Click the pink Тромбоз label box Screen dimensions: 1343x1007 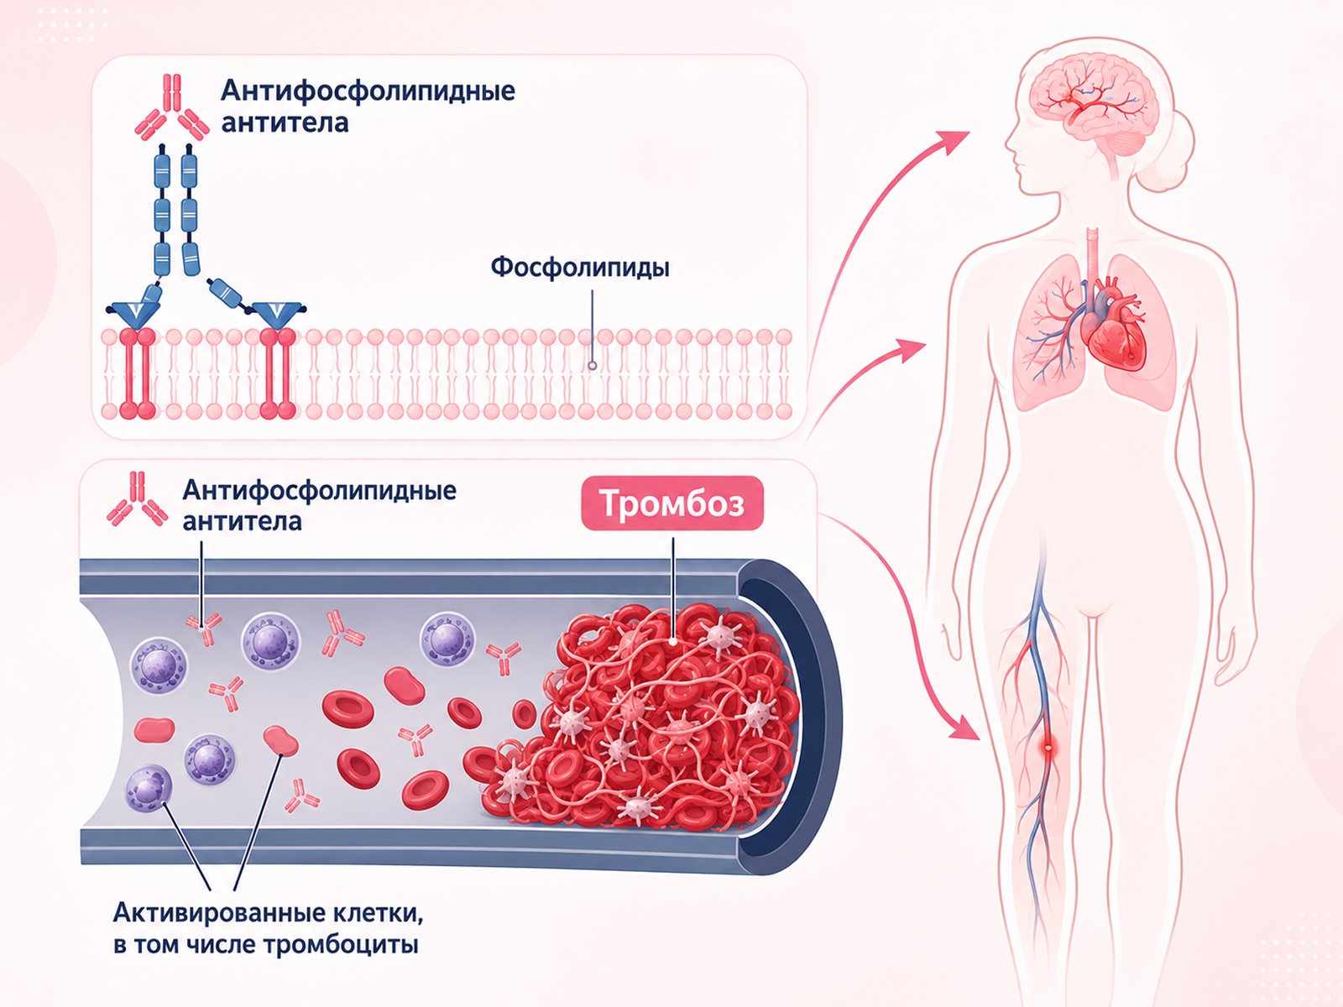point(671,503)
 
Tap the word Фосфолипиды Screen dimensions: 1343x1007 point(580,268)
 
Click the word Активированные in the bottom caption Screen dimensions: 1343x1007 point(218,914)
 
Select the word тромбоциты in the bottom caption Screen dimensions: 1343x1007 point(342,946)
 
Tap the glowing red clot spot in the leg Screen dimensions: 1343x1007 point(1048,748)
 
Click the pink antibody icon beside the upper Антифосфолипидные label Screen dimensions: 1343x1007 point(172,107)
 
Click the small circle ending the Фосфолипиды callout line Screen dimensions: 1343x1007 point(592,366)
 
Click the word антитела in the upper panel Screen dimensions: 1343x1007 point(285,123)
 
